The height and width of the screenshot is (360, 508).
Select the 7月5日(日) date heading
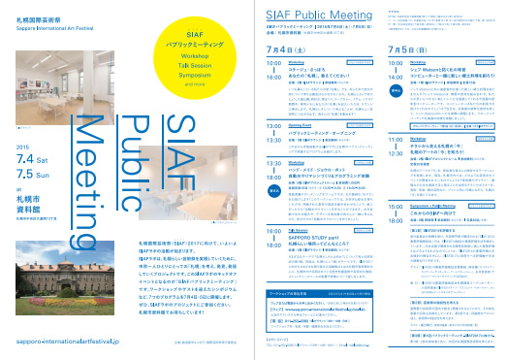click(408, 49)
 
